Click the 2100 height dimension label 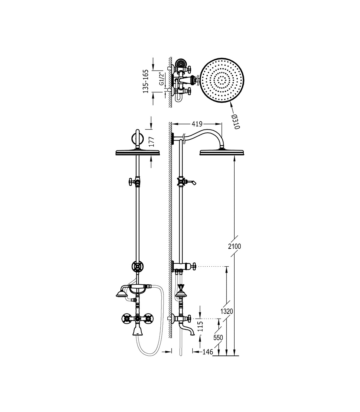[x=234, y=246]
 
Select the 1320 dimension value [x=227, y=311]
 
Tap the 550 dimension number [x=218, y=338]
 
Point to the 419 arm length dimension [x=197, y=124]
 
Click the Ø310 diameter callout [x=235, y=122]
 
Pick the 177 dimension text [x=151, y=142]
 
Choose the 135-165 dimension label [x=145, y=81]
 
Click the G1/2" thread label [x=161, y=79]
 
